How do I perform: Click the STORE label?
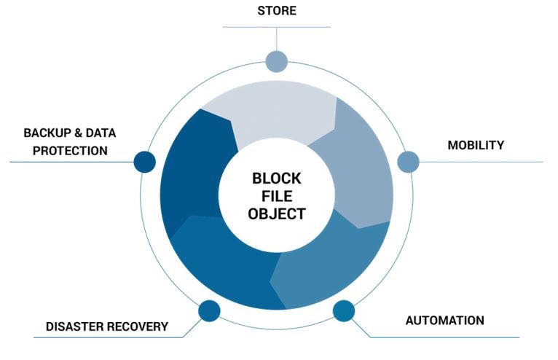click(276, 10)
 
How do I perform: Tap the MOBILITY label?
click(475, 145)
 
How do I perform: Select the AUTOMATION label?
click(444, 320)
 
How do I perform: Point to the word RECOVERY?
click(138, 326)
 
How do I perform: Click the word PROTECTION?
click(66, 151)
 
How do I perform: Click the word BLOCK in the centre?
click(276, 178)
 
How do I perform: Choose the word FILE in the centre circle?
click(276, 196)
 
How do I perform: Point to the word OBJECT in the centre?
click(276, 214)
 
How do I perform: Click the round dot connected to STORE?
click(276, 61)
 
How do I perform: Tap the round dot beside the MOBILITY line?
click(407, 162)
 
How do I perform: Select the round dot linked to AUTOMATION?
click(344, 310)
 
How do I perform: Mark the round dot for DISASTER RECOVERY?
click(209, 310)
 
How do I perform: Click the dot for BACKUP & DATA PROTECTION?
click(145, 162)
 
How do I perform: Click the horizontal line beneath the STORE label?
click(276, 27)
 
